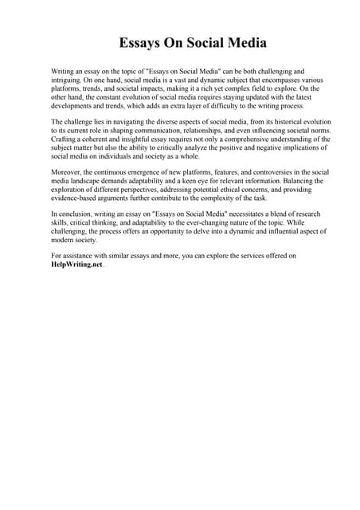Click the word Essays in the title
coord(141,42)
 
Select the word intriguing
coord(68,80)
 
